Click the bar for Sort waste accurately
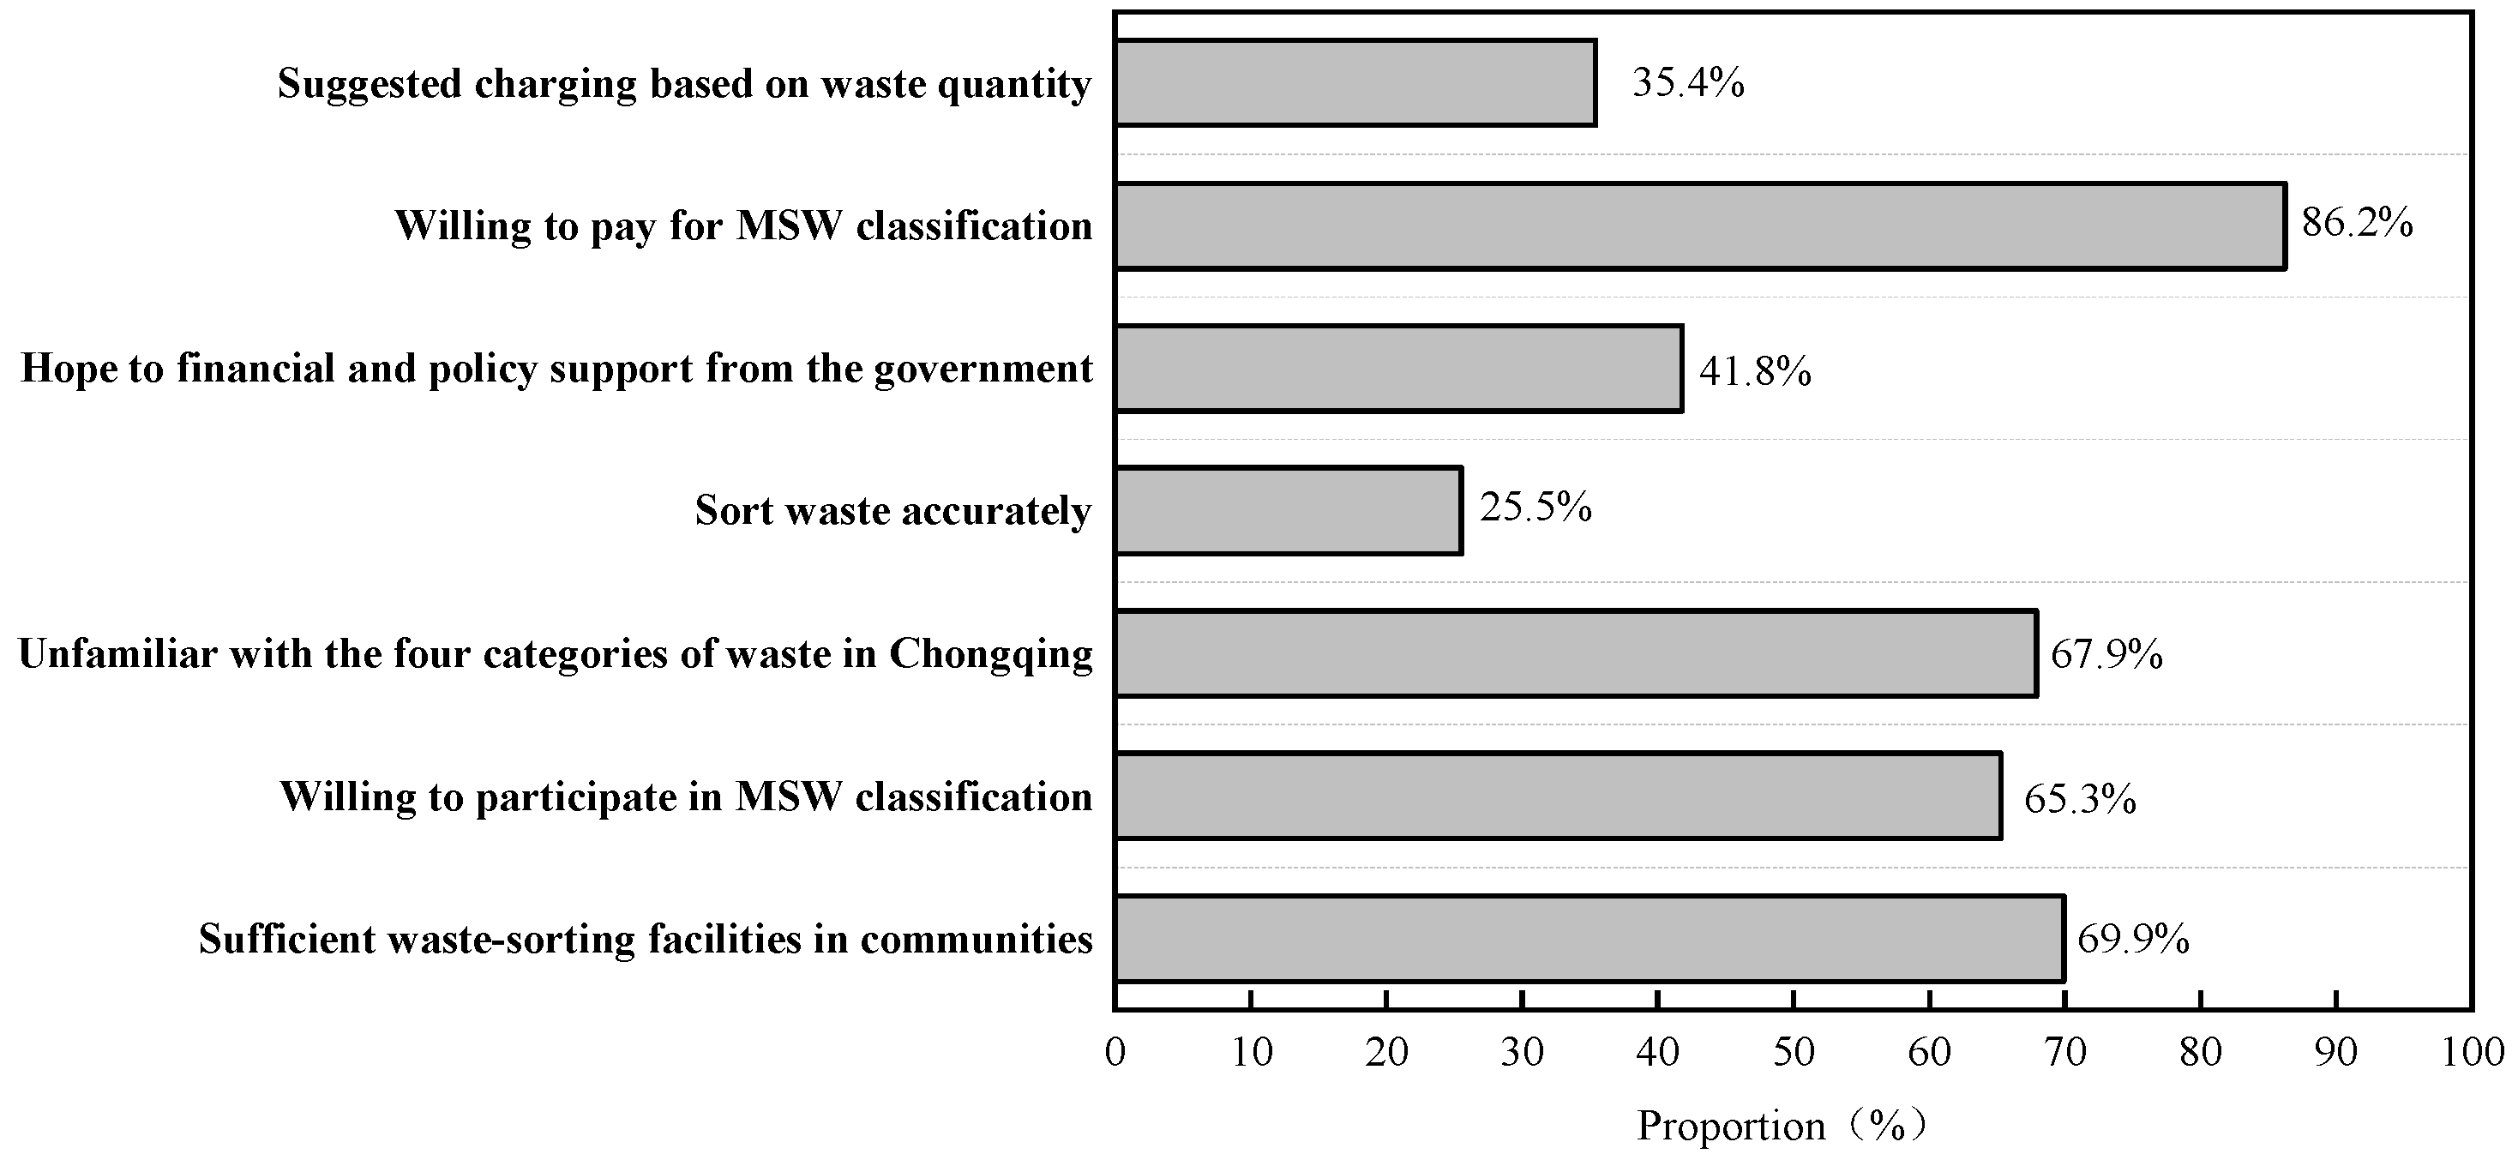point(1289,510)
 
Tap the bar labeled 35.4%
point(1355,83)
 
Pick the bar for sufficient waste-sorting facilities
point(1589,938)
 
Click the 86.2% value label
point(2357,224)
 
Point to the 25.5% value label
point(1535,508)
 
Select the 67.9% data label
point(2106,654)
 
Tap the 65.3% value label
point(2080,799)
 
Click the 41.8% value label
point(1755,371)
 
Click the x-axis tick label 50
point(1794,1053)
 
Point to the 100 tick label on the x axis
point(2472,1053)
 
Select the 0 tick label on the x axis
point(1115,1053)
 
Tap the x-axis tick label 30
point(1522,1053)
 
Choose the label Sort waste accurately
point(892,511)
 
